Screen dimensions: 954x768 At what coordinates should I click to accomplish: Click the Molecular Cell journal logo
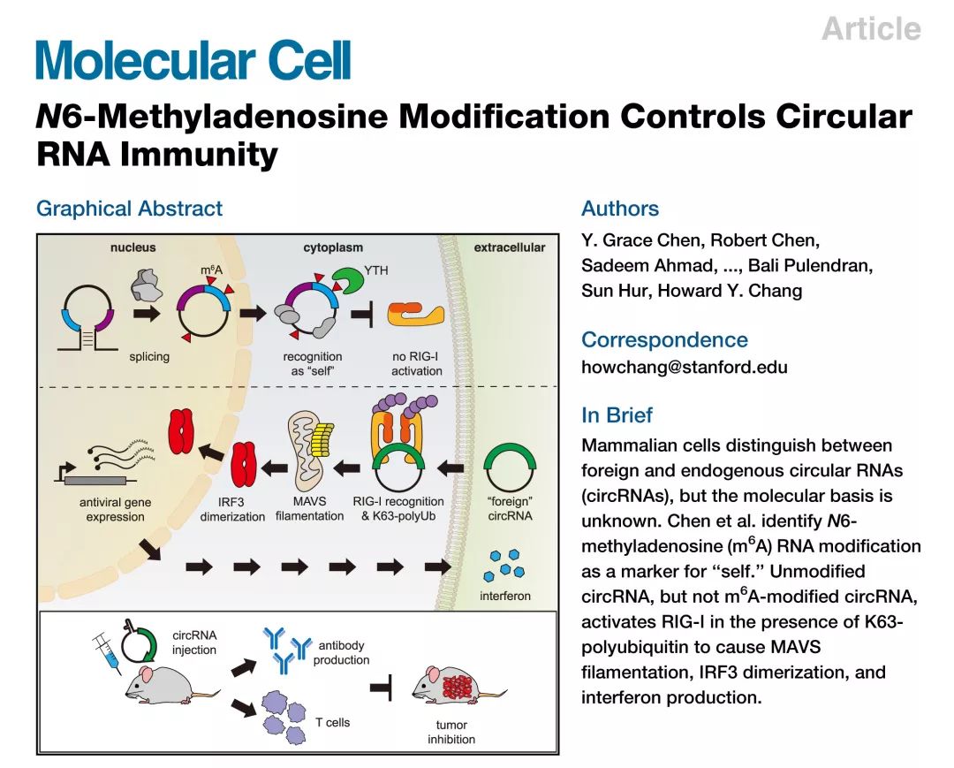(193, 60)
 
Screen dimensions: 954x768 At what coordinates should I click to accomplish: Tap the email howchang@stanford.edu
(685, 368)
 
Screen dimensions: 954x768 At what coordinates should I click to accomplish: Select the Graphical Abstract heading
(130, 209)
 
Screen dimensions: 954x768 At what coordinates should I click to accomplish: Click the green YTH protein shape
(346, 280)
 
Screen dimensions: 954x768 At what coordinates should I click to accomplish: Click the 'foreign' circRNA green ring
(510, 468)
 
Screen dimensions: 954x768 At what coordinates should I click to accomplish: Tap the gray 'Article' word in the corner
(871, 28)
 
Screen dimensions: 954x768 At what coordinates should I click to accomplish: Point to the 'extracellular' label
(510, 247)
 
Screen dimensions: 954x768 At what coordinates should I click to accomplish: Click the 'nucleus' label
(132, 247)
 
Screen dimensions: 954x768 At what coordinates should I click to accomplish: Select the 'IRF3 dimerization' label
(232, 509)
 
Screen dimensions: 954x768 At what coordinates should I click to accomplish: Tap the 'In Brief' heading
(617, 415)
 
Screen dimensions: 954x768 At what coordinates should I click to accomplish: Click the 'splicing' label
(149, 357)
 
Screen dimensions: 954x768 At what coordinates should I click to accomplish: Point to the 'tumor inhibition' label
(451, 732)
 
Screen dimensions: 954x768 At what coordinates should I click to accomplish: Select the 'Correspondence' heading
(664, 339)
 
